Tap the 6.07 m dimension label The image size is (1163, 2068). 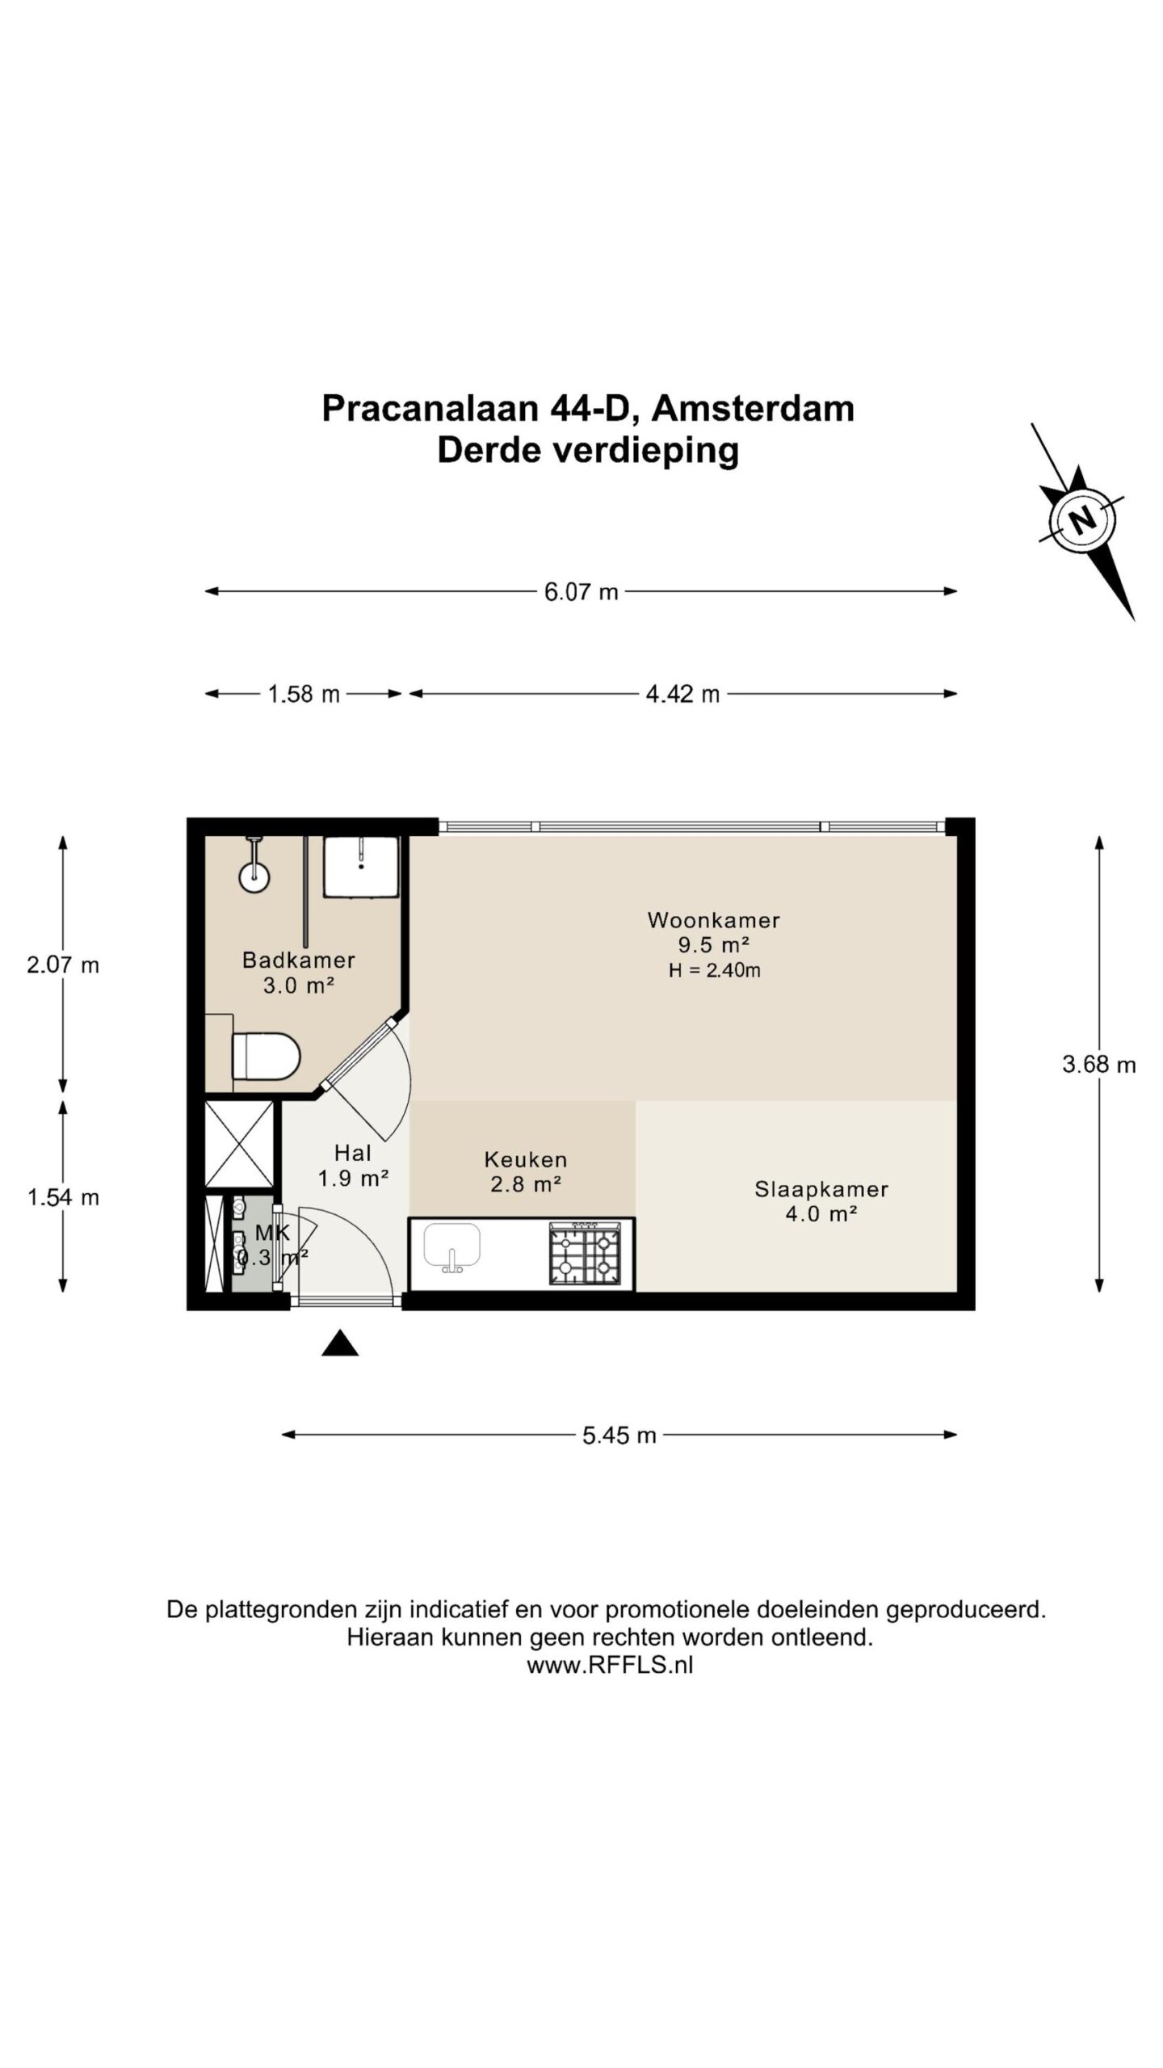pyautogui.click(x=581, y=592)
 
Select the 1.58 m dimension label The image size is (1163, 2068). pyautogui.click(x=304, y=694)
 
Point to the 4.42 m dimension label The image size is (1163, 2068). pyautogui.click(x=682, y=694)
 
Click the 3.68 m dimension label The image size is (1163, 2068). pyautogui.click(x=1098, y=1064)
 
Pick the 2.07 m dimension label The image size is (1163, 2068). pyautogui.click(x=63, y=965)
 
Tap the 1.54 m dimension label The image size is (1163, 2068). pyautogui.click(x=63, y=1197)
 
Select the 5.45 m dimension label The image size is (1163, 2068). pyautogui.click(x=619, y=1435)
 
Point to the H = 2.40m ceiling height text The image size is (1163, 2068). pyautogui.click(x=714, y=970)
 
